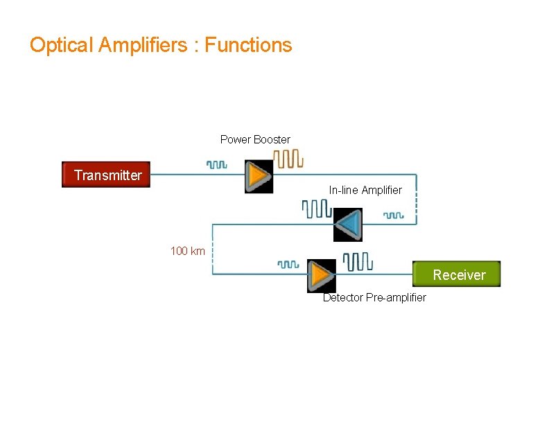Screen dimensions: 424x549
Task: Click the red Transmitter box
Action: (106, 175)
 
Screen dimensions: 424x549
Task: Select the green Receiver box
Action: (456, 275)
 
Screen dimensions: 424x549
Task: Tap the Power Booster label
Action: (255, 140)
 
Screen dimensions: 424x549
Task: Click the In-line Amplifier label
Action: (365, 190)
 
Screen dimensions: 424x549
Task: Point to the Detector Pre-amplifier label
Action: (374, 298)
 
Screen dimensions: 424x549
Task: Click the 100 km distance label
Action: (187, 251)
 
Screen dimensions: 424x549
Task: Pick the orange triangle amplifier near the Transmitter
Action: (259, 176)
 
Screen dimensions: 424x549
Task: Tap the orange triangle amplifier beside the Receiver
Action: (321, 275)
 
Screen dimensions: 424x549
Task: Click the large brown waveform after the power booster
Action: (288, 159)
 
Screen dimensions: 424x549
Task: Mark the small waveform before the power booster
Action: (216, 165)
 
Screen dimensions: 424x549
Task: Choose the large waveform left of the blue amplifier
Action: (316, 208)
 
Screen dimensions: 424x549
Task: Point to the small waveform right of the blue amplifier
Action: (394, 215)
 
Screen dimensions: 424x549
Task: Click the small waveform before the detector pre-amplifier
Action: (288, 264)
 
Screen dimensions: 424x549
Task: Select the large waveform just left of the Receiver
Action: (358, 260)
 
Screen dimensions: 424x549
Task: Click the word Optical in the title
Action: (61, 46)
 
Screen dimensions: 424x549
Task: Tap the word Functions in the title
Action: (248, 46)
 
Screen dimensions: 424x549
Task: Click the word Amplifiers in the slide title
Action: (142, 46)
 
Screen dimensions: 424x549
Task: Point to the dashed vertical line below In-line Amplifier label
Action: (416, 204)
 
